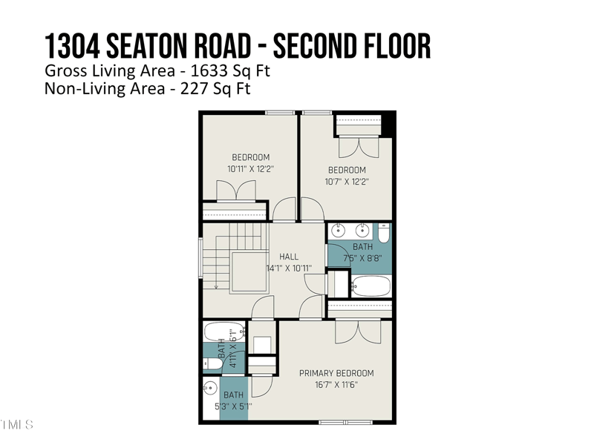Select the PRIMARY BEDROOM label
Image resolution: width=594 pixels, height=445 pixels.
(x=336, y=373)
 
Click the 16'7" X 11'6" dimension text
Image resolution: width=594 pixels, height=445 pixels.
(x=336, y=385)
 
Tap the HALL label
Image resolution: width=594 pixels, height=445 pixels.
(x=289, y=257)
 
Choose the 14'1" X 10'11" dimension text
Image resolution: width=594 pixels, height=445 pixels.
(x=289, y=268)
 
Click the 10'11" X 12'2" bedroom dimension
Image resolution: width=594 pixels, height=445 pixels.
(x=250, y=169)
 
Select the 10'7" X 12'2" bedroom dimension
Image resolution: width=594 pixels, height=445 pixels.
(x=347, y=182)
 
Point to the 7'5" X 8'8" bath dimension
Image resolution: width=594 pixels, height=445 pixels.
(x=362, y=259)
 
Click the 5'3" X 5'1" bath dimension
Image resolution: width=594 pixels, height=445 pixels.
(x=233, y=406)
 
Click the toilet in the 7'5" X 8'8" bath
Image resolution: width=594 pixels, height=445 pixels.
(x=383, y=233)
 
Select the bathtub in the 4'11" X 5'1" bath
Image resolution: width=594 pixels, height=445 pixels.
(x=223, y=332)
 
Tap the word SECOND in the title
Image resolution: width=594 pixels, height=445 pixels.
(x=316, y=46)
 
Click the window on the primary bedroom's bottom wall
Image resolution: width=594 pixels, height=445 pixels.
(x=345, y=423)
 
